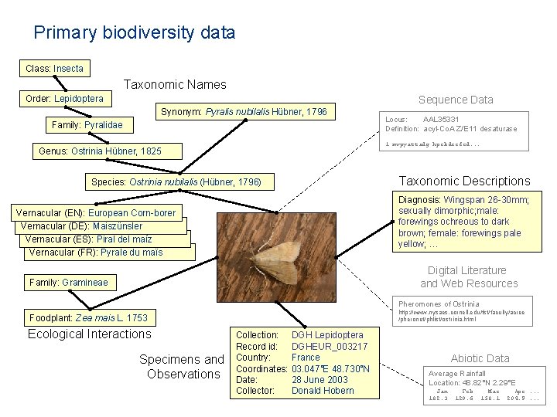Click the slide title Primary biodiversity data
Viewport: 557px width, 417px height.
pos(134,32)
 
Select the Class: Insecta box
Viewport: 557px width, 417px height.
pos(54,69)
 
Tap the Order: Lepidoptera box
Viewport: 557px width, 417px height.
pos(64,99)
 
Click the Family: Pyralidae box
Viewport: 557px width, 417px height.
pos(87,125)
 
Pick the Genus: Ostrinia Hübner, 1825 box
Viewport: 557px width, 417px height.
pos(100,151)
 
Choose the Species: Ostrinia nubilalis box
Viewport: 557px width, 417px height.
pos(176,182)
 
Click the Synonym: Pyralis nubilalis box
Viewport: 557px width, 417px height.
pos(244,113)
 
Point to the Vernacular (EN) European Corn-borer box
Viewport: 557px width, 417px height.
pos(96,212)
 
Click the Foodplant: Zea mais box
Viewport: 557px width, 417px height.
pos(88,317)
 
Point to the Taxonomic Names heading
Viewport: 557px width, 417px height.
pos(175,84)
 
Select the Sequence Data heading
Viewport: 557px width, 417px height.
pos(456,100)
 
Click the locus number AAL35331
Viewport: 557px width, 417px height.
pos(441,119)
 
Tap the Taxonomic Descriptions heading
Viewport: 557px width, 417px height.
pos(464,181)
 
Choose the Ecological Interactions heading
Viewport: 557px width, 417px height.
pos(90,334)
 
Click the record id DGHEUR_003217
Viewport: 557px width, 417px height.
pos(330,346)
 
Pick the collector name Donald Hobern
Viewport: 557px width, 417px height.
pos(323,390)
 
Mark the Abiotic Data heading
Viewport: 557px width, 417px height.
pos(480,358)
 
